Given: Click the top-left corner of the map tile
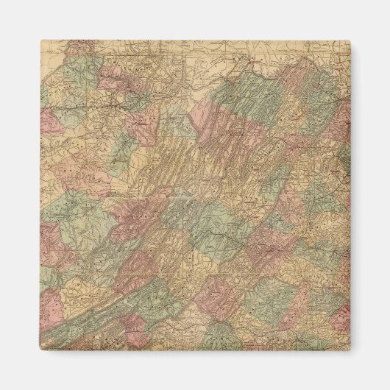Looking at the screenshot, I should (40, 41).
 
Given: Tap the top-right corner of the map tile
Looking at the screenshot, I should (350, 41).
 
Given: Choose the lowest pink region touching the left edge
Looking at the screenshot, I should (50, 309).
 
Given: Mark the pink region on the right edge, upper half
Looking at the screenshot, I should (340, 125).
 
